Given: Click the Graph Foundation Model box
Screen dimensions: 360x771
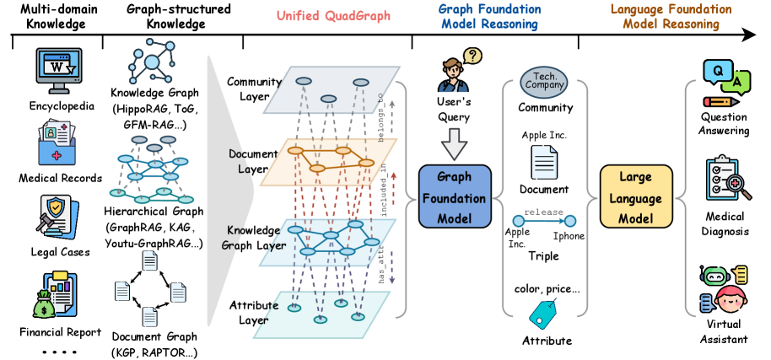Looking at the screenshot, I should pos(455,198).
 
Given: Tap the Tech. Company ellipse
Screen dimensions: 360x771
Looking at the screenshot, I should pos(545,81).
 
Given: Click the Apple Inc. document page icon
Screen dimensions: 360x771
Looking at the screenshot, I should pos(542,160).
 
